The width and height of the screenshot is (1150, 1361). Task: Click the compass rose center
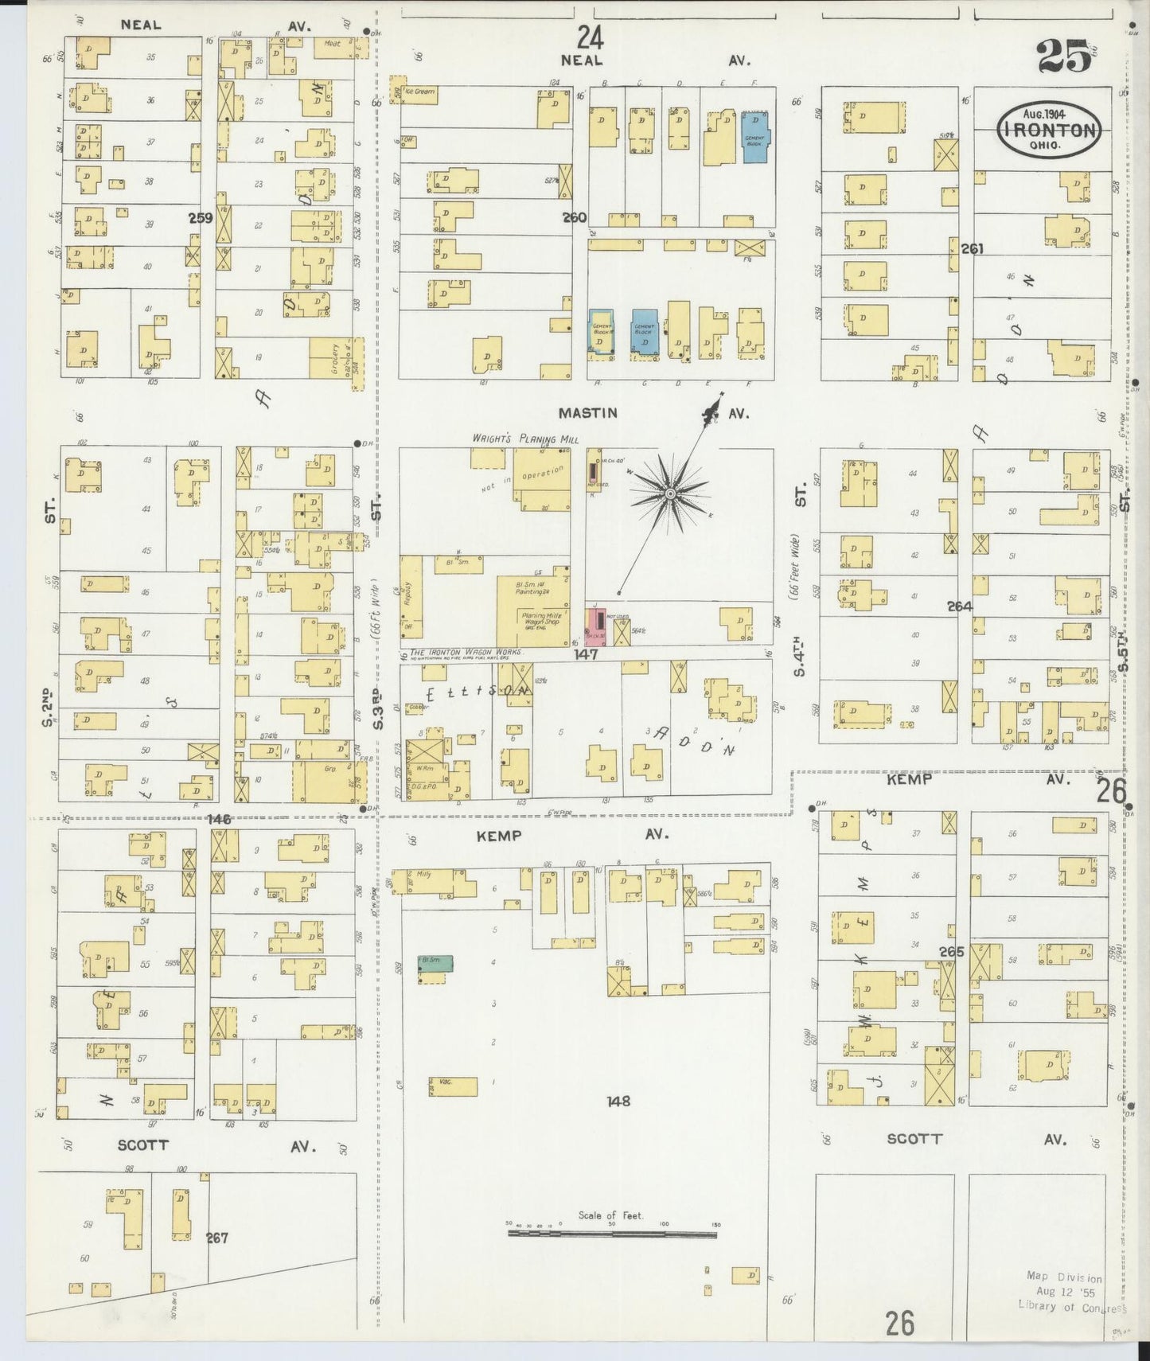pos(670,494)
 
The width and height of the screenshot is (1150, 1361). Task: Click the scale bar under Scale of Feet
pos(612,1234)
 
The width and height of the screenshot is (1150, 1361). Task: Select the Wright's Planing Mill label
pos(525,439)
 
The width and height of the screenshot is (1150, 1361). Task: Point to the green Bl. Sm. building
pos(436,962)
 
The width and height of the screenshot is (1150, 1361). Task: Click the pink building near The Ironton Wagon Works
pos(595,626)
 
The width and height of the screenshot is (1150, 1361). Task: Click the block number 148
pos(618,1102)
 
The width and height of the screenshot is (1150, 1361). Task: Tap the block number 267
pos(216,1238)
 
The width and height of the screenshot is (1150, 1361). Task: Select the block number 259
pos(201,216)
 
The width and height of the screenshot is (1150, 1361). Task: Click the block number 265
pos(951,952)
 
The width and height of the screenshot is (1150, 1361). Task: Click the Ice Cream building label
pos(419,92)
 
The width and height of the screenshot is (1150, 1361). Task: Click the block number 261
pos(972,248)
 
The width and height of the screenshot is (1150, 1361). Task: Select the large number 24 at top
pos(590,37)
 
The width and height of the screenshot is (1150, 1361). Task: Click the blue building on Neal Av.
pos(754,138)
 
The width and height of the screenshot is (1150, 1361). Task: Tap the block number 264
pos(960,606)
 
